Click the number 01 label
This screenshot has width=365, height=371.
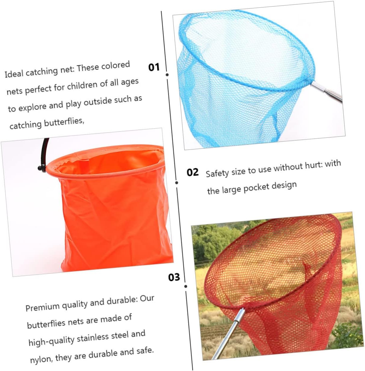154,67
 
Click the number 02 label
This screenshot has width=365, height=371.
193,172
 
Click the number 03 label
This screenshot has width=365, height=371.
174,277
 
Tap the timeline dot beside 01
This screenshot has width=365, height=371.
167,75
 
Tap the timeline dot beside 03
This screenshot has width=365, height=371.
186,286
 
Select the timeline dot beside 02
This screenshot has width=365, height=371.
177,183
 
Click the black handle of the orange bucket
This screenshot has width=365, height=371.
44,152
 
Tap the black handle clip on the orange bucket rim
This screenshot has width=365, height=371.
42,168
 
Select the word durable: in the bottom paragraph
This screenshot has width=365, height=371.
122,301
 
